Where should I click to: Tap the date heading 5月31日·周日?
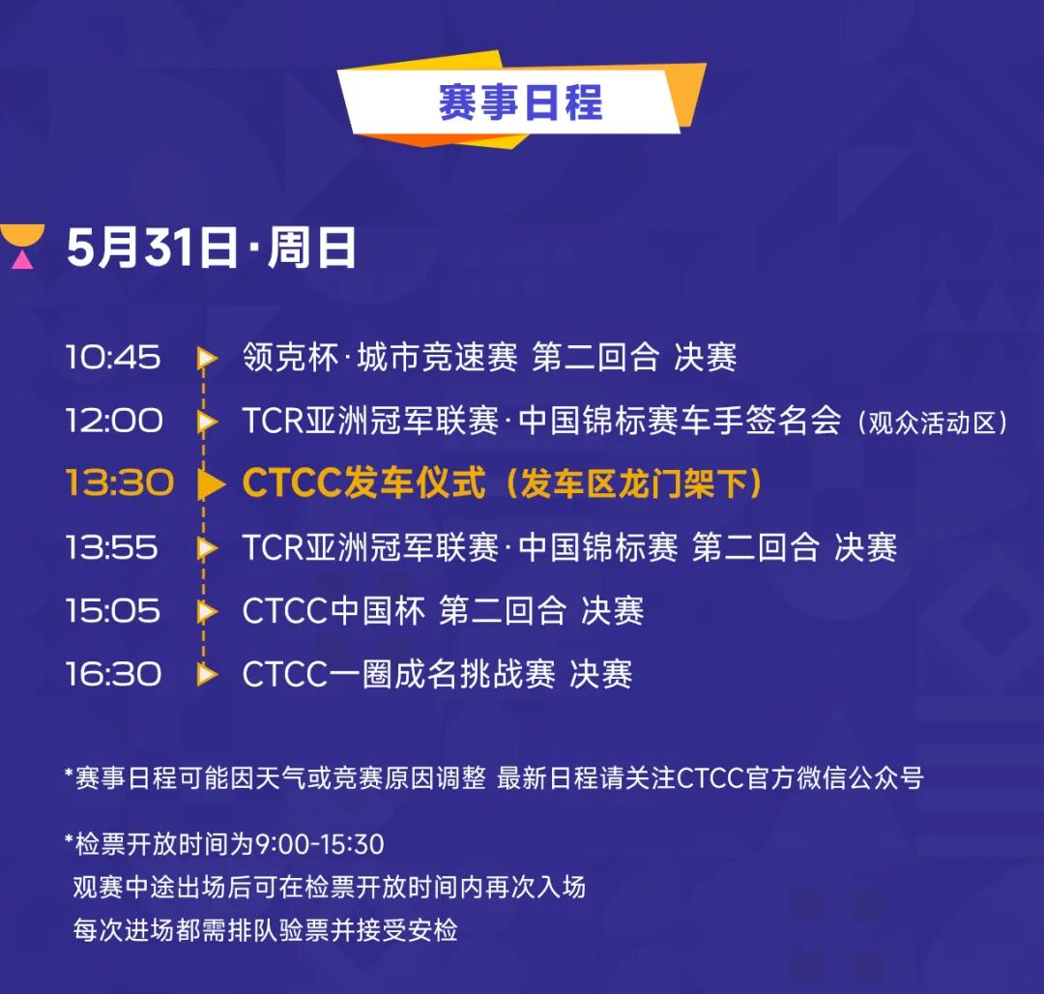[211, 248]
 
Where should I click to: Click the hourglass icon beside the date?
[22, 247]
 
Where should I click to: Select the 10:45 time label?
[113, 358]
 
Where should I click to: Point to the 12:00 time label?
[114, 421]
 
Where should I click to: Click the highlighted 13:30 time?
[120, 482]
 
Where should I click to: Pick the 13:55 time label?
[112, 548]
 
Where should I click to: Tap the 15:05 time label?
[113, 611]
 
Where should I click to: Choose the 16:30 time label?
[113, 674]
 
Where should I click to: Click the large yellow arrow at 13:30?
[212, 484]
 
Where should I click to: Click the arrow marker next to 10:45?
[207, 358]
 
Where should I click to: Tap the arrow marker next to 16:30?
[207, 674]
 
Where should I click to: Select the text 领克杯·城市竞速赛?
[380, 357]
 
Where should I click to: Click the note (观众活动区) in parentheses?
[932, 423]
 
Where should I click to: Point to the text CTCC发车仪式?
[363, 482]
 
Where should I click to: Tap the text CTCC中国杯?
[333, 611]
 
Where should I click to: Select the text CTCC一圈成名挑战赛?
[399, 674]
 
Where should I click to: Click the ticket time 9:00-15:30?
[320, 845]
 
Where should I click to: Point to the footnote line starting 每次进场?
[265, 930]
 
